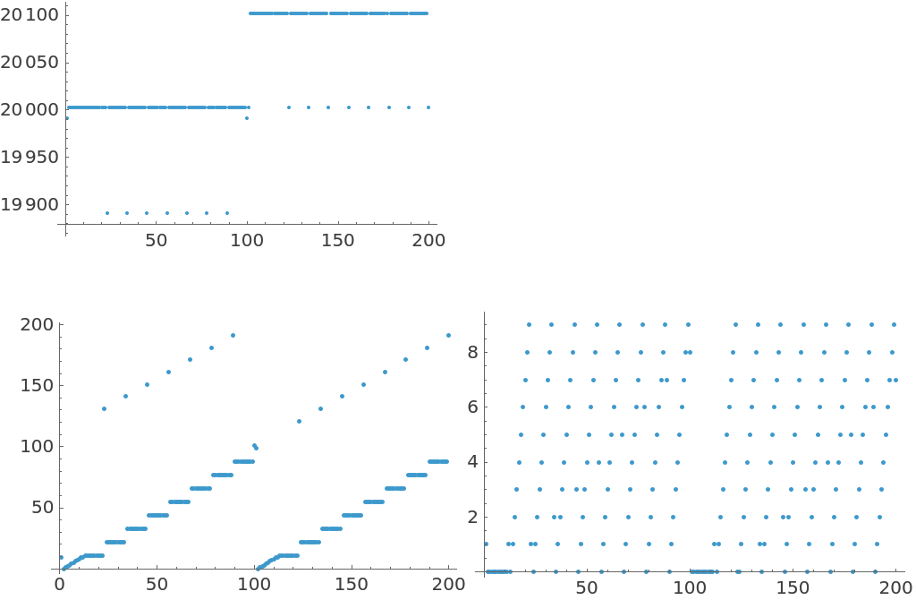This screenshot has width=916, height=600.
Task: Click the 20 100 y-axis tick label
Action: point(30,15)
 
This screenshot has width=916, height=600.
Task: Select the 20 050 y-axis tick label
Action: point(30,63)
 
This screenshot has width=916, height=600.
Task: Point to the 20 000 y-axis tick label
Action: point(30,110)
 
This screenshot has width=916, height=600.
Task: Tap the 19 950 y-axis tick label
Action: point(30,158)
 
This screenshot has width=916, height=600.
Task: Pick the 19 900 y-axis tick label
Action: point(30,205)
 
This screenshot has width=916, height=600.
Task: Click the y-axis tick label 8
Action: point(473,353)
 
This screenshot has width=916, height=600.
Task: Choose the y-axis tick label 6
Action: point(473,407)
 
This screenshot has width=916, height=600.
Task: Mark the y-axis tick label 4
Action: point(473,462)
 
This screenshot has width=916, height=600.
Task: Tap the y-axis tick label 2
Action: point(473,518)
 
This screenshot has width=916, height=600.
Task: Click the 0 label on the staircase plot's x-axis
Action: point(59,584)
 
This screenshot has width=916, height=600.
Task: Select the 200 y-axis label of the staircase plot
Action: point(38,324)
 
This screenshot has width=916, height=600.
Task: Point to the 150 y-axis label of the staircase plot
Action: point(38,385)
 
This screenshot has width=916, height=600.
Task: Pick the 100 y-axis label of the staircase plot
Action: point(38,446)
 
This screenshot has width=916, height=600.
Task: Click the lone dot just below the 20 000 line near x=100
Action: point(247,118)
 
